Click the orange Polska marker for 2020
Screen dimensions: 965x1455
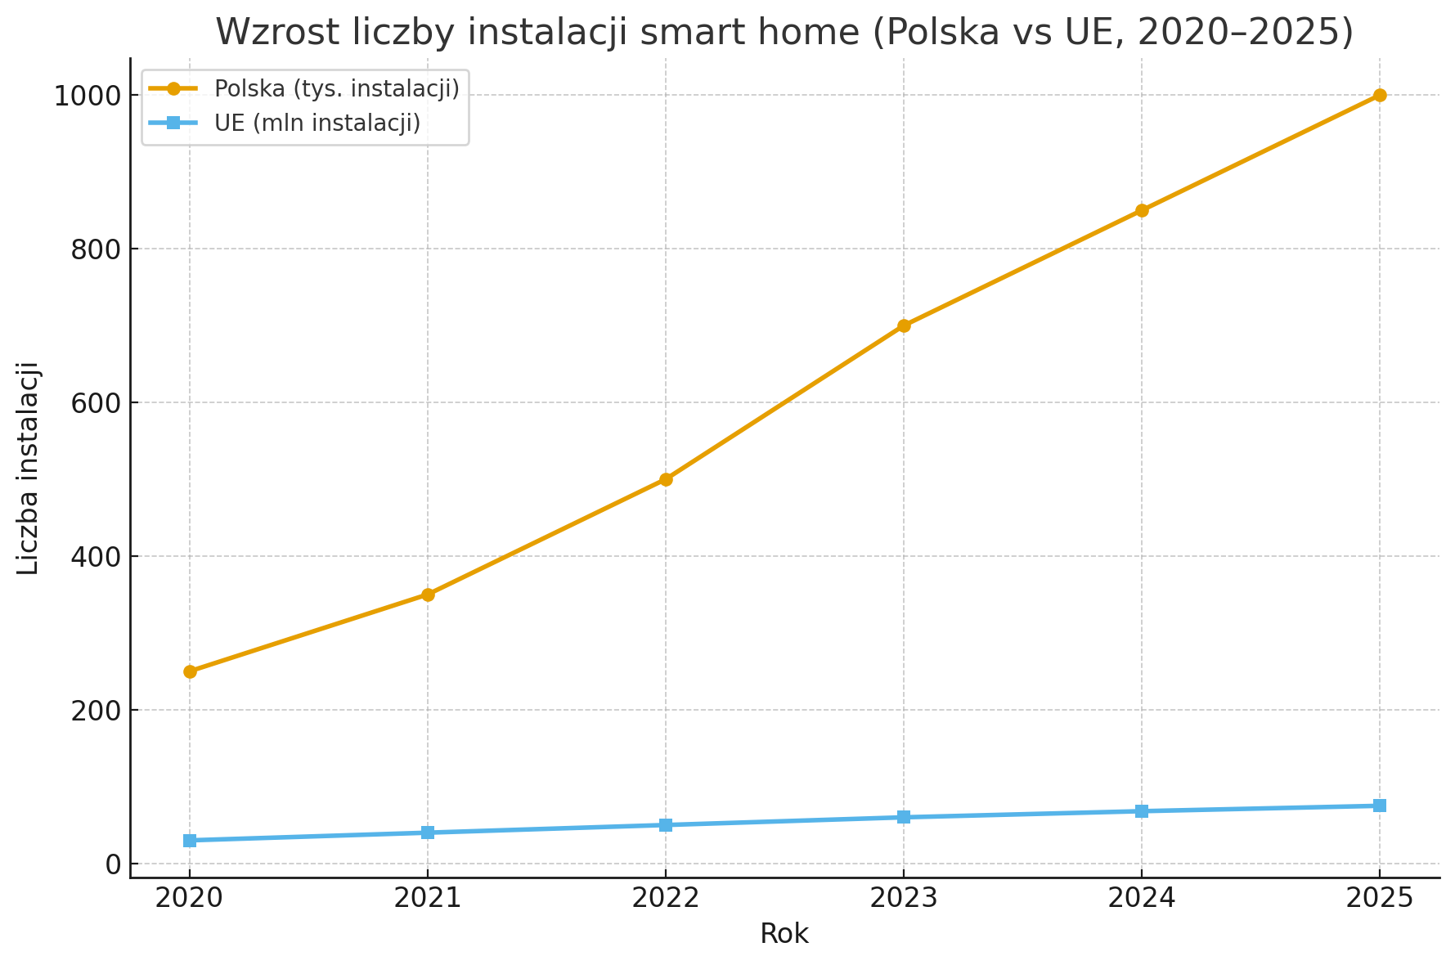[190, 671]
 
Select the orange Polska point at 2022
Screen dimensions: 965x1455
[666, 479]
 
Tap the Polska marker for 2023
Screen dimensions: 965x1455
[904, 325]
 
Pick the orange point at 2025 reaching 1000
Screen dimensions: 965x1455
[1380, 95]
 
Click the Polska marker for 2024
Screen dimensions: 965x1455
[1142, 210]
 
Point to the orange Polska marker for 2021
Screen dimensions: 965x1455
[428, 595]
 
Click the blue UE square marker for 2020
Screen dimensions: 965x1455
[190, 841]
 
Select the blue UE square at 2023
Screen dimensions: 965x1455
[904, 817]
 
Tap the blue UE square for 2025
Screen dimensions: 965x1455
[1380, 806]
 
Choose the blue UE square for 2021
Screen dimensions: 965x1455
[428, 833]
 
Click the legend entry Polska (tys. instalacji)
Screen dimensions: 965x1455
[336, 88]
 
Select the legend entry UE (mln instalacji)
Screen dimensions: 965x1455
[317, 123]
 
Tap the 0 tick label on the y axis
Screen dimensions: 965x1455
[111, 864]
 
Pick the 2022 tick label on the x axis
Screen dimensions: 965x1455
[666, 899]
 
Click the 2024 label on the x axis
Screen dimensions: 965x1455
[1142, 899]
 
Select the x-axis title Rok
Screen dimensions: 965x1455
[784, 934]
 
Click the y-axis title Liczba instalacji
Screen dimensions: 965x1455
[29, 468]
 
